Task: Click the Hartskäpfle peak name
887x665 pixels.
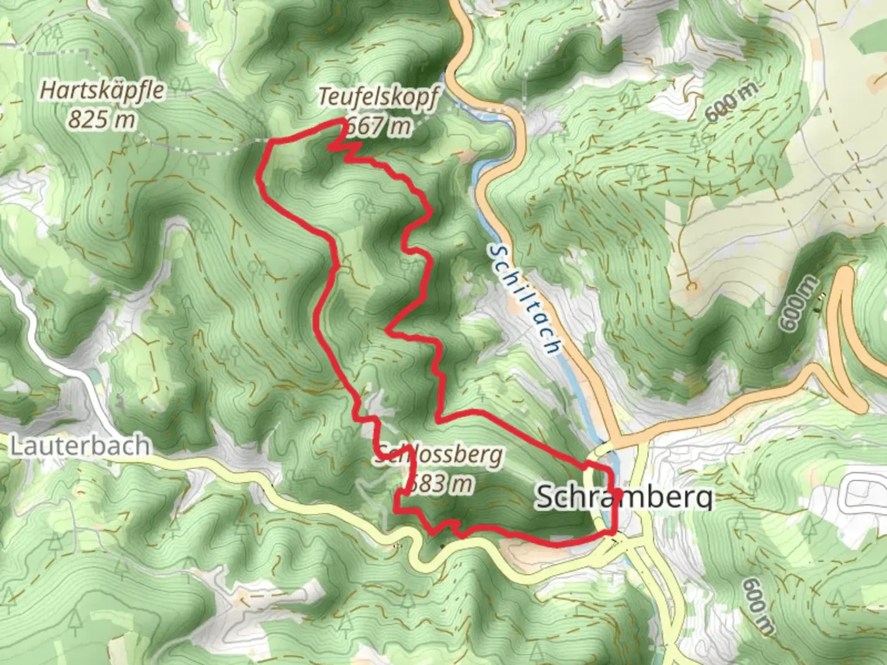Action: click(x=103, y=91)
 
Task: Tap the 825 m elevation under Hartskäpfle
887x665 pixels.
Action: click(x=102, y=119)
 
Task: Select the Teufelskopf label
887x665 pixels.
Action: click(x=379, y=97)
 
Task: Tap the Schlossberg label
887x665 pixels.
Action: click(x=439, y=456)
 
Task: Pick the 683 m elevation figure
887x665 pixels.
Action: click(x=442, y=483)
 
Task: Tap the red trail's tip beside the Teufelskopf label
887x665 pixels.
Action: click(x=342, y=121)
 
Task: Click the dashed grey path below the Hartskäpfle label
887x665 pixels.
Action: click(x=185, y=147)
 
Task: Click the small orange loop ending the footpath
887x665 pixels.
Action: click(x=691, y=286)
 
